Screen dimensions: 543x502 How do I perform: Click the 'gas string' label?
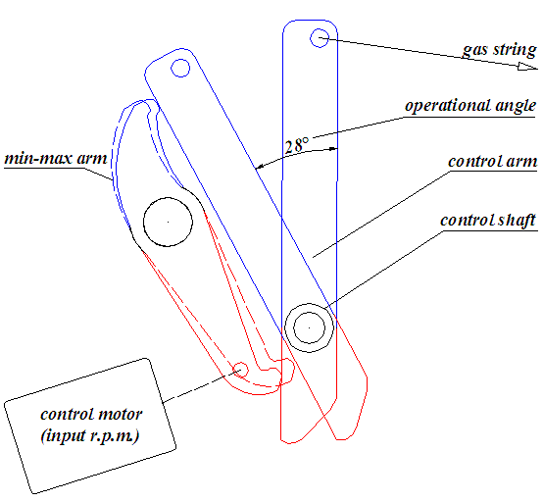tap(500, 50)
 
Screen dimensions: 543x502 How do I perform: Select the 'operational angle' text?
tap(470, 105)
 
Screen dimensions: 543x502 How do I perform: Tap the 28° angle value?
tap(296, 145)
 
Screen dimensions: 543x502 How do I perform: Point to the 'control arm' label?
tap(492, 162)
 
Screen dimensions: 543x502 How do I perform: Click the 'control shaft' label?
tap(488, 221)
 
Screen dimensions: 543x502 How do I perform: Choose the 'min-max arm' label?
tap(56, 158)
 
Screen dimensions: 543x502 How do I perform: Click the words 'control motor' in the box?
tap(91, 414)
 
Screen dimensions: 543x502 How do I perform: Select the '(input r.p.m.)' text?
tap(90, 435)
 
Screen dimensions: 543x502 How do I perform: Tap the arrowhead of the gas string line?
tap(527, 66)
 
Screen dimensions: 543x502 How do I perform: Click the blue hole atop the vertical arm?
tap(319, 38)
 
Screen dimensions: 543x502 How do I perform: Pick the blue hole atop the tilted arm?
tap(180, 68)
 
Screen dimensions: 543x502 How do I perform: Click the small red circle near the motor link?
tap(240, 370)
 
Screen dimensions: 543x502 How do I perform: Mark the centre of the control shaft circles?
tap(309, 327)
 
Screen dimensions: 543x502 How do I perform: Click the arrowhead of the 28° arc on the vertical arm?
tap(333, 149)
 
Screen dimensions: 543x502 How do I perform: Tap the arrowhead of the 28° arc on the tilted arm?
tap(259, 167)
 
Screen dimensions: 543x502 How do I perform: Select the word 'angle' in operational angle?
tap(516, 106)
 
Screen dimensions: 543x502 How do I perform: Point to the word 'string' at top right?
tap(515, 50)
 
